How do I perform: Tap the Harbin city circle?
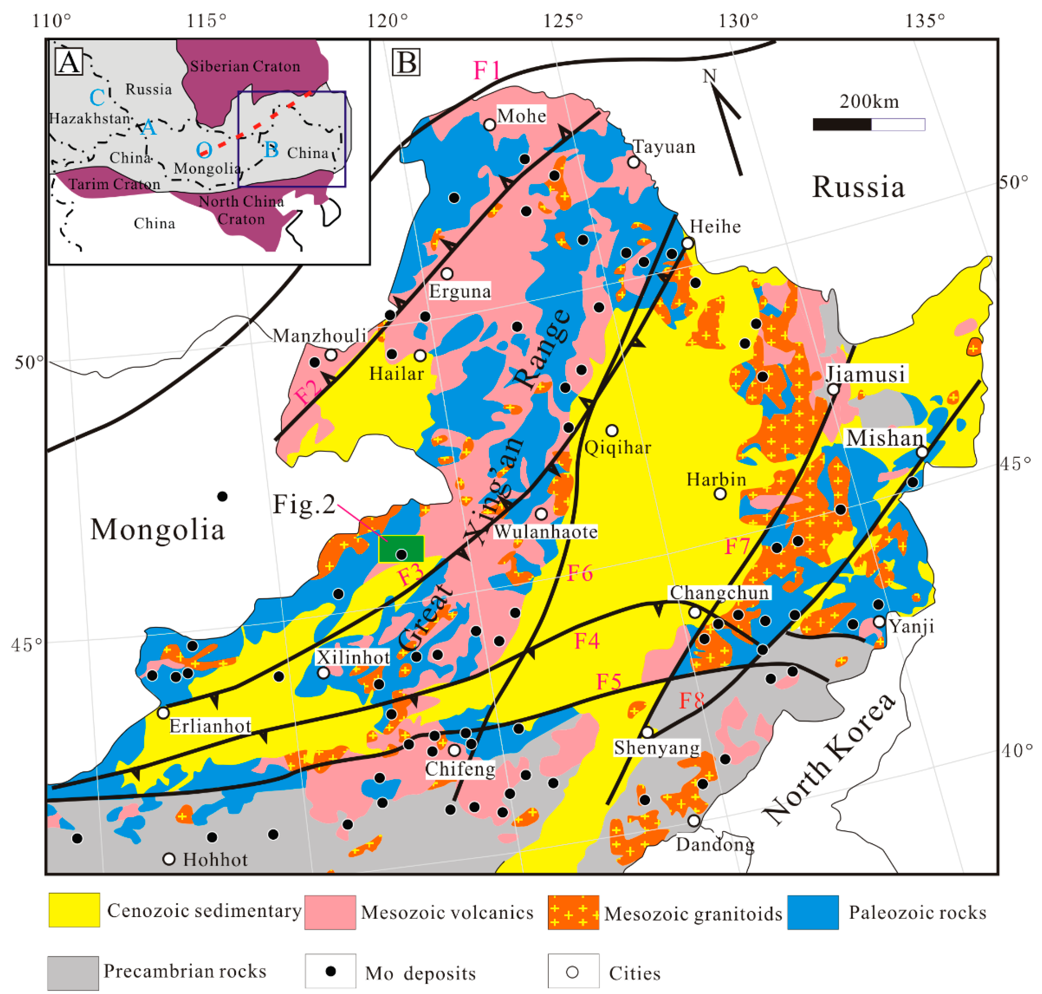pos(720,494)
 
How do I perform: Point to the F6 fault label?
pos(580,573)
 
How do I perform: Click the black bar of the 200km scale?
pos(842,125)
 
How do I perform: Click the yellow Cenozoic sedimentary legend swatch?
pos(74,910)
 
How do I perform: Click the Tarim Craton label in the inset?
pos(114,185)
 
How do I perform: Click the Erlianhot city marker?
pos(163,713)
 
